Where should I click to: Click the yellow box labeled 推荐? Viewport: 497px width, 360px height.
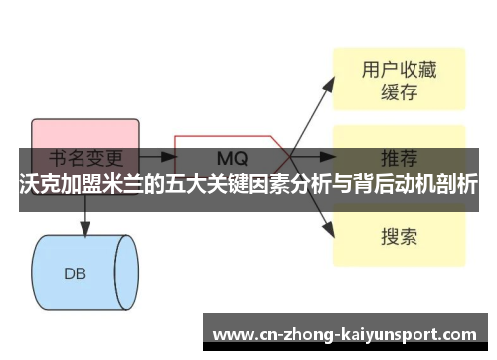click(x=398, y=158)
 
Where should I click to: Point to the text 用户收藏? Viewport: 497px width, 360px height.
click(x=398, y=69)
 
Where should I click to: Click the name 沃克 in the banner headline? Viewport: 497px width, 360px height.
click(x=38, y=185)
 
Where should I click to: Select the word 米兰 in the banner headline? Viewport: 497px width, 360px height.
click(x=115, y=185)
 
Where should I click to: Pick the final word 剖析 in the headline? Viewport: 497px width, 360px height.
click(x=456, y=185)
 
